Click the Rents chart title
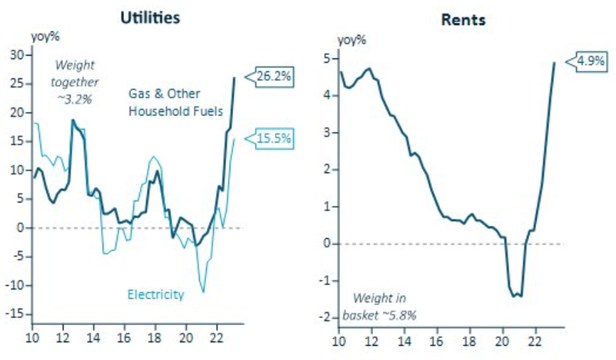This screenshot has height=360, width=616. pyautogui.click(x=463, y=20)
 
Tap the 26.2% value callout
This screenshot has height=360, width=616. pyautogui.click(x=272, y=76)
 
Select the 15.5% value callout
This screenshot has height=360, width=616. pyautogui.click(x=272, y=138)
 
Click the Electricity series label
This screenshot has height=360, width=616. pyautogui.click(x=155, y=294)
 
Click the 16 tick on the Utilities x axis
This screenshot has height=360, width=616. pyautogui.click(x=124, y=336)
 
